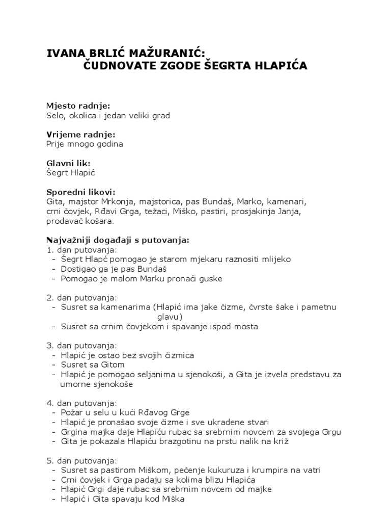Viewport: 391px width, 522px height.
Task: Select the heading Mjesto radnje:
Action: (x=78, y=106)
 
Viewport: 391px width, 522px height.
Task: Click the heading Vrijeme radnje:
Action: (x=80, y=135)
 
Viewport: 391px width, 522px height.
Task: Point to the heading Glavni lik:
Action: (x=68, y=163)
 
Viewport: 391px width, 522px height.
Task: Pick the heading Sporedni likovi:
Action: (x=81, y=192)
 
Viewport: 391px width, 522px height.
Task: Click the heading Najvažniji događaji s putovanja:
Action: (x=118, y=240)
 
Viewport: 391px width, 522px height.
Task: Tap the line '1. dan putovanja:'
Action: (x=81, y=250)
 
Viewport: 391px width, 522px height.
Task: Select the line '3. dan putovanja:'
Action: (x=81, y=346)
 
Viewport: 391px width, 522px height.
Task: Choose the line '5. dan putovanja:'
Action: (x=81, y=460)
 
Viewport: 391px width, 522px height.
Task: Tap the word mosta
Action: (x=246, y=326)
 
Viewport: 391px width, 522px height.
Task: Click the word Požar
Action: (x=72, y=412)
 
